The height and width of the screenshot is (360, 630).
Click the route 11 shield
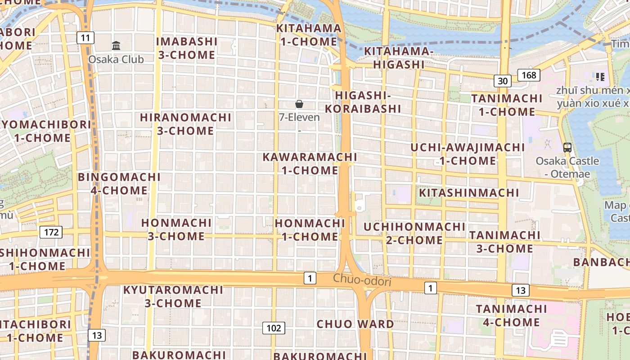(85, 38)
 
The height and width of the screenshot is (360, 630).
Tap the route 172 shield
(51, 232)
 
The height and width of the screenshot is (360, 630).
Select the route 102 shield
(274, 328)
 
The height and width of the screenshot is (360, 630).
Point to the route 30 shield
(503, 81)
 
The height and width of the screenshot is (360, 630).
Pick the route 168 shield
(529, 75)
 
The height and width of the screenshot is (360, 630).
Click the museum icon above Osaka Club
(116, 45)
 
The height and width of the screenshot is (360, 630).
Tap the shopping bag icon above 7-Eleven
(299, 104)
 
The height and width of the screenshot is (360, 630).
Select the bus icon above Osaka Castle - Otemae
(567, 147)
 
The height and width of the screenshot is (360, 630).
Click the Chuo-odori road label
(362, 280)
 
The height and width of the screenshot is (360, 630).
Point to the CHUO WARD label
(355, 324)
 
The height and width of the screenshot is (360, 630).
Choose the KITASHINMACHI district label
(469, 193)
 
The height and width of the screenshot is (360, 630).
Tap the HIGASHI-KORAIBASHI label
(363, 102)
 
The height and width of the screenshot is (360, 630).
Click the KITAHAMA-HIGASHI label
(399, 58)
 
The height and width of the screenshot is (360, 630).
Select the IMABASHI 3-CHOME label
(186, 48)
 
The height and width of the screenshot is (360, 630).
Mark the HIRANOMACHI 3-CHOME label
(185, 124)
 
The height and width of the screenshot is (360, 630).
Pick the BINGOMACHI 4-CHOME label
(119, 184)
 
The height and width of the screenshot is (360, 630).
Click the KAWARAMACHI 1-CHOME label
(310, 164)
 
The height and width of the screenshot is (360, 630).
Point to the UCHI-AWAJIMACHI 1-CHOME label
(468, 154)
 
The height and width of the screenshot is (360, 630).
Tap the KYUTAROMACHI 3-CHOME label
(173, 296)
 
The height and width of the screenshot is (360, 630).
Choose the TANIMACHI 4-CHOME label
(511, 315)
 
